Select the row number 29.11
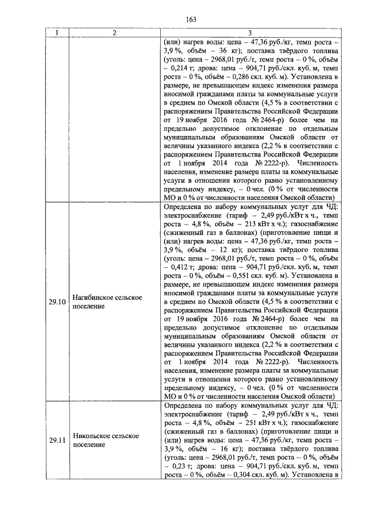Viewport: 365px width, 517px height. tap(56, 440)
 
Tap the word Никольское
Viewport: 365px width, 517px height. tap(92, 436)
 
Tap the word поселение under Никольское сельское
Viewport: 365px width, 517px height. tap(90, 445)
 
